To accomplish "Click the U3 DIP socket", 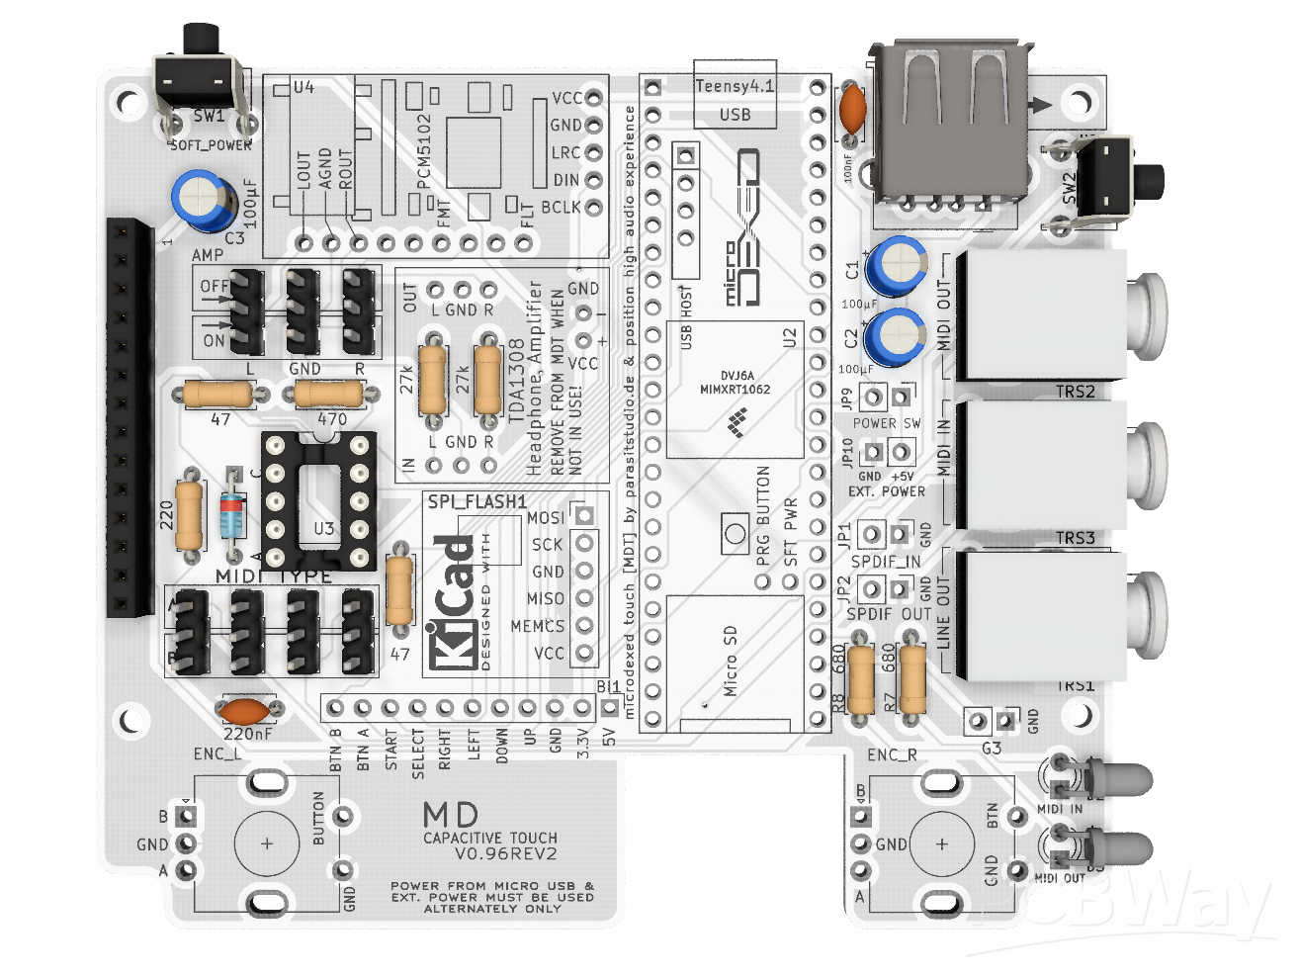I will (x=318, y=500).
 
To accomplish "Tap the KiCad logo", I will (x=453, y=602).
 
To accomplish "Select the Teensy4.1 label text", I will (x=735, y=86).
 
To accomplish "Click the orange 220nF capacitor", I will (x=246, y=710).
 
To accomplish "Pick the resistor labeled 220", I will (x=189, y=513).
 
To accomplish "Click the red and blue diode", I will (x=232, y=515).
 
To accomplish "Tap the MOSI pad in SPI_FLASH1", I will (x=584, y=515).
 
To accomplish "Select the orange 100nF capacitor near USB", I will (x=851, y=110).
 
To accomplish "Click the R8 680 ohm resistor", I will (x=861, y=679).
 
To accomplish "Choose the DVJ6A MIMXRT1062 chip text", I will (x=735, y=383).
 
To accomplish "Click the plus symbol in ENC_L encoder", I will (x=267, y=843).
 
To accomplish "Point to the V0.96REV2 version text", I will (x=505, y=854).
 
